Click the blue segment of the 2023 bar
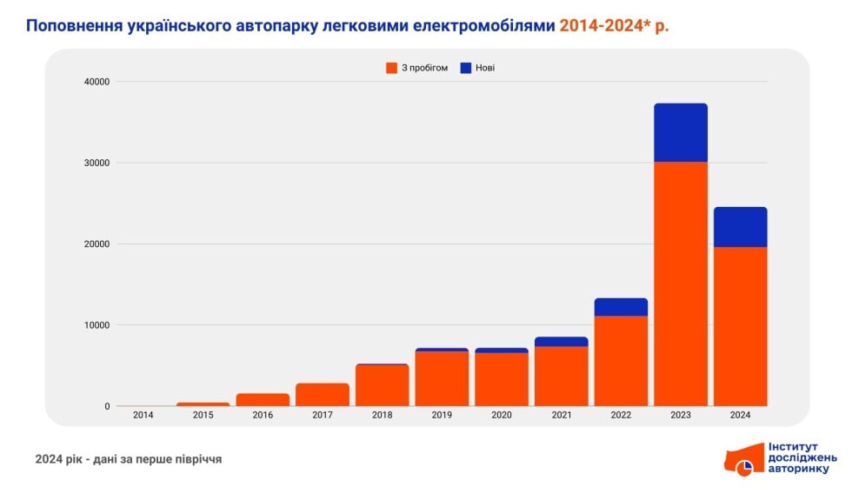(x=681, y=133)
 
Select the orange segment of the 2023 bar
(x=681, y=284)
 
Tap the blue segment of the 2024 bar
(x=740, y=227)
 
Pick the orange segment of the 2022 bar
(x=621, y=360)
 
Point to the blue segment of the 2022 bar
(x=621, y=307)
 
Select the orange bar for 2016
(x=263, y=400)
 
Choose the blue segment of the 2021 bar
(x=561, y=342)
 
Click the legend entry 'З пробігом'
(x=416, y=68)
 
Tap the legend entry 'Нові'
(x=477, y=68)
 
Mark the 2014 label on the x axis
(x=143, y=416)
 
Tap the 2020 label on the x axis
(x=501, y=416)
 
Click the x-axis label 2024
(x=740, y=416)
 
